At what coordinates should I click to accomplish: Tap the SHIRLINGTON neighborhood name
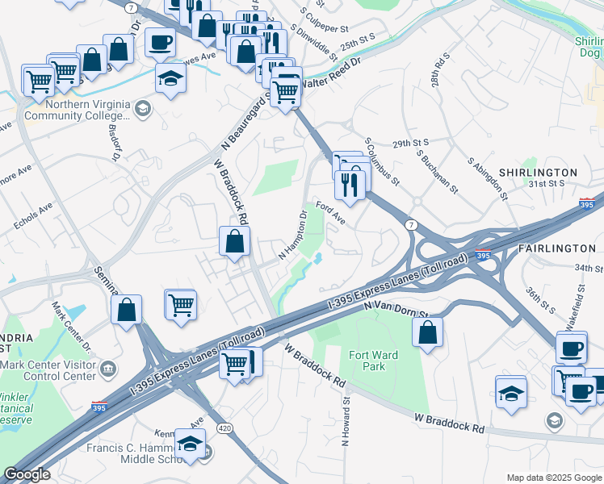pos(538,173)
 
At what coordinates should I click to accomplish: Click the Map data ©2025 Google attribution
pos(553,478)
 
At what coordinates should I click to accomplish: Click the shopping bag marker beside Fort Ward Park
pos(427,332)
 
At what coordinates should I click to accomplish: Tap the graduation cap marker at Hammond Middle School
pos(191,444)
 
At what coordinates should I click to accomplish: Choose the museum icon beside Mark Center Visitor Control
pos(107,369)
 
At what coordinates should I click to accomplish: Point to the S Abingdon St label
pos(488,177)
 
